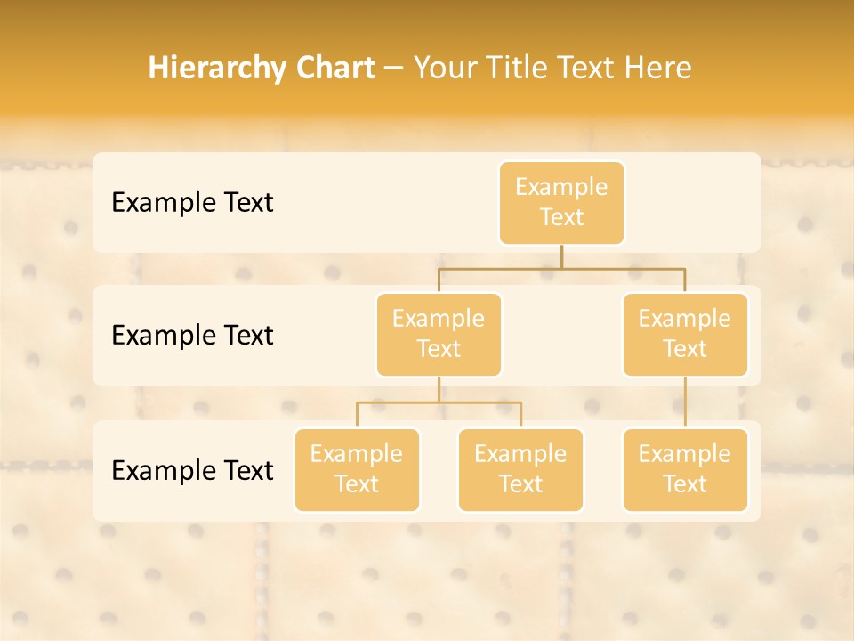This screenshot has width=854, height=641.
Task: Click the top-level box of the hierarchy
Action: point(561,203)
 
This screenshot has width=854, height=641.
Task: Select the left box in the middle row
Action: point(439,335)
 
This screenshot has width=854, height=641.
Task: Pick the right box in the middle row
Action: point(685,335)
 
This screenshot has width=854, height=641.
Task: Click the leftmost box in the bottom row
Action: point(357,470)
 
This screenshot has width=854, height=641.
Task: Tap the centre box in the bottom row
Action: point(520,470)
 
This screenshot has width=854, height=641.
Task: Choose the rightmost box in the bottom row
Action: point(685,470)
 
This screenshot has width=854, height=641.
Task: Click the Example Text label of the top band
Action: point(192,203)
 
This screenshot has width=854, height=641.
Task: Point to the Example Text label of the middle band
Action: point(192,336)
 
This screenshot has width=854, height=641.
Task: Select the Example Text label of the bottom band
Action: point(192,470)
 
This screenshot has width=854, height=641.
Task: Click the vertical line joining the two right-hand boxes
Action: point(685,402)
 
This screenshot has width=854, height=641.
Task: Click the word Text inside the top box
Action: point(561,218)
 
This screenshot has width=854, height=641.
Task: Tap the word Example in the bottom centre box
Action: point(520,455)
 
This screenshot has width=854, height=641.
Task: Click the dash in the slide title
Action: point(394,69)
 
